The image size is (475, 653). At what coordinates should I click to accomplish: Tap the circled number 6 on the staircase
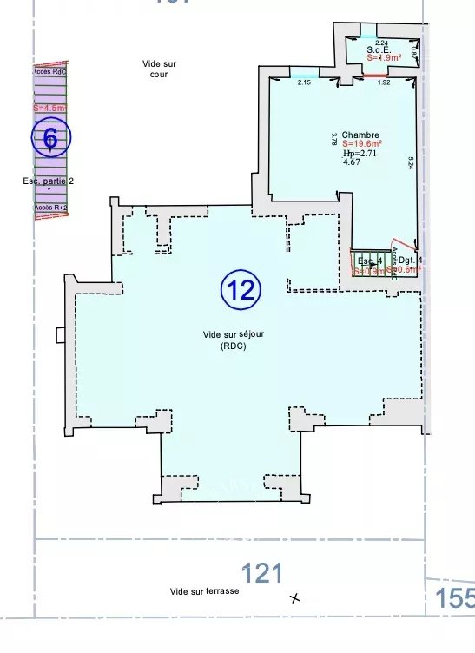click(51, 136)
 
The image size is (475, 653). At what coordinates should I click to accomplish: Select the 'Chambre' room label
click(360, 135)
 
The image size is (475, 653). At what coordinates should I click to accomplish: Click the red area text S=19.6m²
click(363, 143)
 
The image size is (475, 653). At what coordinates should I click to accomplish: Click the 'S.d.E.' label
click(377, 50)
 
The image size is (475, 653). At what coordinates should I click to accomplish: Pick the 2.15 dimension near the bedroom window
click(304, 82)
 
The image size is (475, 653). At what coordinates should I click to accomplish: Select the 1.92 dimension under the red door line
click(384, 82)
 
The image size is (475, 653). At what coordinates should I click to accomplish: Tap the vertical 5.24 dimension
click(411, 163)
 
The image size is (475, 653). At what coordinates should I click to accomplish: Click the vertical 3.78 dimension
click(333, 139)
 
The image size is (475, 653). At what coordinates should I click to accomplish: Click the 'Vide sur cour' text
click(158, 69)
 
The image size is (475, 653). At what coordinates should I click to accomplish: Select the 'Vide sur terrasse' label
click(204, 590)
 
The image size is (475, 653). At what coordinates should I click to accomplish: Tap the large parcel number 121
click(261, 573)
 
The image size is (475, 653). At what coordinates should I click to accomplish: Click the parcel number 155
click(455, 598)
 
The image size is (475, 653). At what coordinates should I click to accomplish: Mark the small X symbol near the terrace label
click(295, 597)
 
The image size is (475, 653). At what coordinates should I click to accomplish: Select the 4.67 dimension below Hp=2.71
click(352, 162)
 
